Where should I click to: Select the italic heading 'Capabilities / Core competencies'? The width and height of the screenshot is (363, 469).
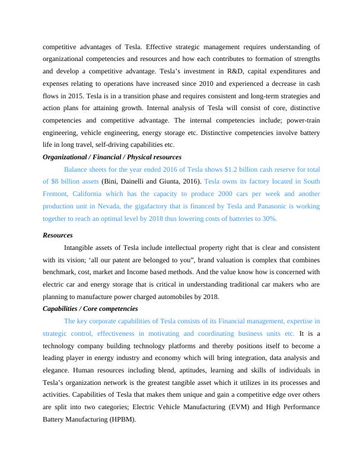(x=90, y=309)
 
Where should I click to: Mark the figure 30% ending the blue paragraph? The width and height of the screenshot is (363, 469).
(x=269, y=218)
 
